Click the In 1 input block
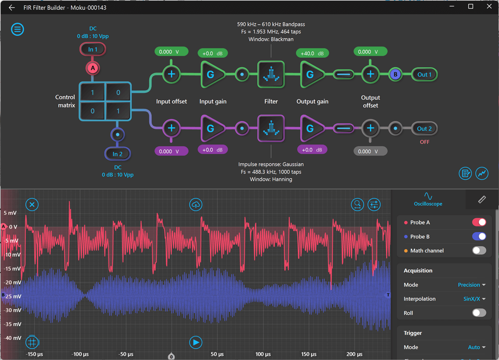pos(93,49)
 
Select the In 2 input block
pos(117,154)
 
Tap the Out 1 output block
pos(424,75)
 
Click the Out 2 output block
pos(424,129)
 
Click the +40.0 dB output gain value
pos(312,53)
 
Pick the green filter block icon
pos(271,74)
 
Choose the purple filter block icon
pos(271,128)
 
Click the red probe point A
pos(93,68)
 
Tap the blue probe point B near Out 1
pos(395,75)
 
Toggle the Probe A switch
pos(479,222)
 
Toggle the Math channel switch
pos(479,251)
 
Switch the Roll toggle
pos(479,313)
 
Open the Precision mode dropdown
pos(471,285)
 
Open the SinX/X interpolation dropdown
pos(474,299)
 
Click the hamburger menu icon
pos(18,29)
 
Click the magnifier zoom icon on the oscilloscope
pos(358,204)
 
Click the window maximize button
pos(470,7)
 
